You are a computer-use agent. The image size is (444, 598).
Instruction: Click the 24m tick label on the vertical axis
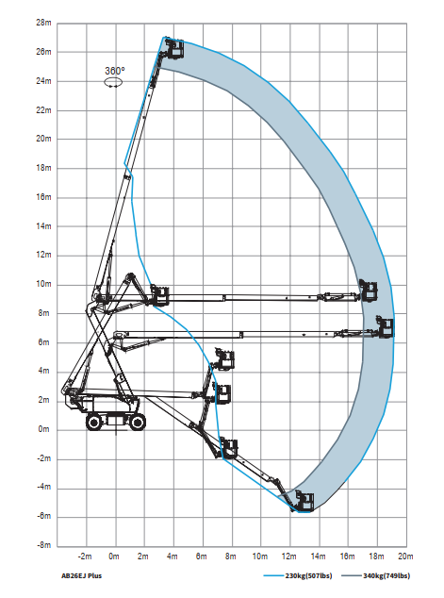pos(43,81)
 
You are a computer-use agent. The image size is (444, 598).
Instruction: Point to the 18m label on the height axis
pos(43,168)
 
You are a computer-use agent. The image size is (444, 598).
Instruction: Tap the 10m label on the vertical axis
pos(43,284)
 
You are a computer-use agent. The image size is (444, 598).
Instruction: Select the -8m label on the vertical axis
pos(43,545)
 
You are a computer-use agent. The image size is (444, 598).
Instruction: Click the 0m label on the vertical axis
pos(43,429)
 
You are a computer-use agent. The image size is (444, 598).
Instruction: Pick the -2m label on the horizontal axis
pos(85,556)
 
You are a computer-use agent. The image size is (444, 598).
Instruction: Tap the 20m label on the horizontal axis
pos(405,556)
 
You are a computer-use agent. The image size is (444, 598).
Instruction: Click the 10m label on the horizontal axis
pos(260,556)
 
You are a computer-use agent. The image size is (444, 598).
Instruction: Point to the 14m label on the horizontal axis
pos(319,556)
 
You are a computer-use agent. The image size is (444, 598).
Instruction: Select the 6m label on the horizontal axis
pos(201,556)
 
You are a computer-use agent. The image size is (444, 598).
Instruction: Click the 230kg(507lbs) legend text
pos(308,576)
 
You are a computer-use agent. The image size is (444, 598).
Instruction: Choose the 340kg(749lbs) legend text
pos(386,576)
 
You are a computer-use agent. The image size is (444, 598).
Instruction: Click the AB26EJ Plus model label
pos(82,576)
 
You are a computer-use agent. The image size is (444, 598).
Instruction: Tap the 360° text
pos(115,71)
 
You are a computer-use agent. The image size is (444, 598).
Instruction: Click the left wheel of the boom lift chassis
pos(93,422)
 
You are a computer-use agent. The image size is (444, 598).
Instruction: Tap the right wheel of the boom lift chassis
pos(138,422)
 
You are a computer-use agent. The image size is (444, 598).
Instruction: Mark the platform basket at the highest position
pos(175,48)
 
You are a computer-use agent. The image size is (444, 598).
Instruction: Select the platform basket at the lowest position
pos(304,502)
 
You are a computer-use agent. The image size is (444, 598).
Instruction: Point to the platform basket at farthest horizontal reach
pos(385,327)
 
